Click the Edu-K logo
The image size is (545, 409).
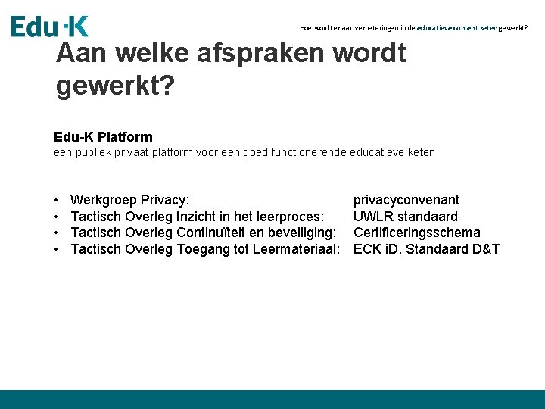pyautogui.click(x=49, y=26)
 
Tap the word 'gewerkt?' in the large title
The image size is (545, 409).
pyautogui.click(x=115, y=86)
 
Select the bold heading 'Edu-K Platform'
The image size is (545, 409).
pyautogui.click(x=103, y=137)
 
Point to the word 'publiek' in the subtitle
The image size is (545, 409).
pyautogui.click(x=95, y=152)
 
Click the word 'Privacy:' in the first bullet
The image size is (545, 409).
pyautogui.click(x=165, y=200)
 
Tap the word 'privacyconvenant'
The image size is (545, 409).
pyautogui.click(x=406, y=200)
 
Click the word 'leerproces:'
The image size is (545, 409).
pyautogui.click(x=292, y=217)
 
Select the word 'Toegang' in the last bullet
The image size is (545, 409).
pyautogui.click(x=205, y=249)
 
